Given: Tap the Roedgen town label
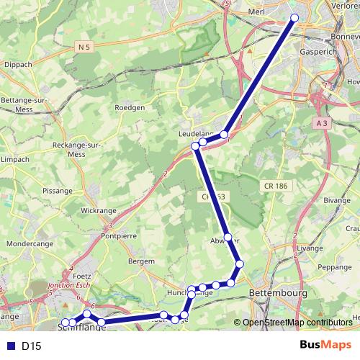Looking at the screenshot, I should tap(130, 107).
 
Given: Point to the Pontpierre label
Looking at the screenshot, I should tap(120, 235).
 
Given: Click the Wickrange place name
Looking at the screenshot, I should tap(98, 211).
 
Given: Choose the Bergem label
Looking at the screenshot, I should tap(140, 261).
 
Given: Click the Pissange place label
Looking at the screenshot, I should tap(58, 191).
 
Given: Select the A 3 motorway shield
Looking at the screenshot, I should tap(322, 124).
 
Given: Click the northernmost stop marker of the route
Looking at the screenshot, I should tap(294, 18).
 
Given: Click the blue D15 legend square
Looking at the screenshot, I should tap(9, 346).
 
